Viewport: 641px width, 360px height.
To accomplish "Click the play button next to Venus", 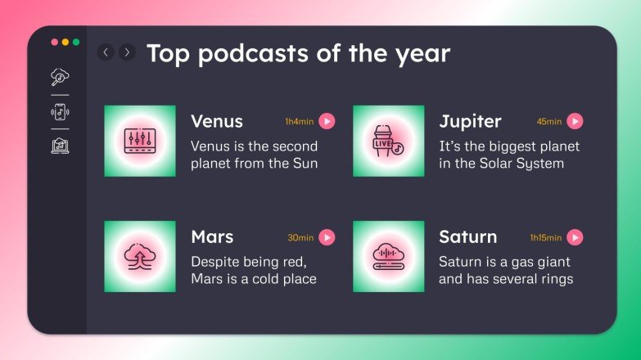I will [327, 121].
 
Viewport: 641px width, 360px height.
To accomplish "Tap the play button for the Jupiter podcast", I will [576, 121].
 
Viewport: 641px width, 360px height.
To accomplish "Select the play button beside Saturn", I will [576, 237].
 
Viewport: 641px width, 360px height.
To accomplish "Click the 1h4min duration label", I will [299, 122].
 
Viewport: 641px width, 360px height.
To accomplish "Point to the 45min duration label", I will [549, 122].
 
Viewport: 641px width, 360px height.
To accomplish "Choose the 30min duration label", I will [300, 238].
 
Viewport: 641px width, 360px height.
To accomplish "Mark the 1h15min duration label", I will [546, 238].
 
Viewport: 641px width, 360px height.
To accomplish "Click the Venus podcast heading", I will [217, 121].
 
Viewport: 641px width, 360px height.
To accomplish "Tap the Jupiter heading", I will [470, 121].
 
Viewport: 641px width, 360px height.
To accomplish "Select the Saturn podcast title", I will [467, 237].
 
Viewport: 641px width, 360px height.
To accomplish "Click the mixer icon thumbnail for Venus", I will [139, 141].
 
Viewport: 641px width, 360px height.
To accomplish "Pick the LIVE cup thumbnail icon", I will [388, 141].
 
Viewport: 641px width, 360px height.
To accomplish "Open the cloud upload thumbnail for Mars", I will [139, 256].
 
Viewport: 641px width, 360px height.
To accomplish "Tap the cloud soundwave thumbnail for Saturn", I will [388, 256].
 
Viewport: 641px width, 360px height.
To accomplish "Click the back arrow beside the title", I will [106, 52].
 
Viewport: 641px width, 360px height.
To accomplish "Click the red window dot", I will [55, 42].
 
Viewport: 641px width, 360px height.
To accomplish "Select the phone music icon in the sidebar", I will [59, 112].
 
